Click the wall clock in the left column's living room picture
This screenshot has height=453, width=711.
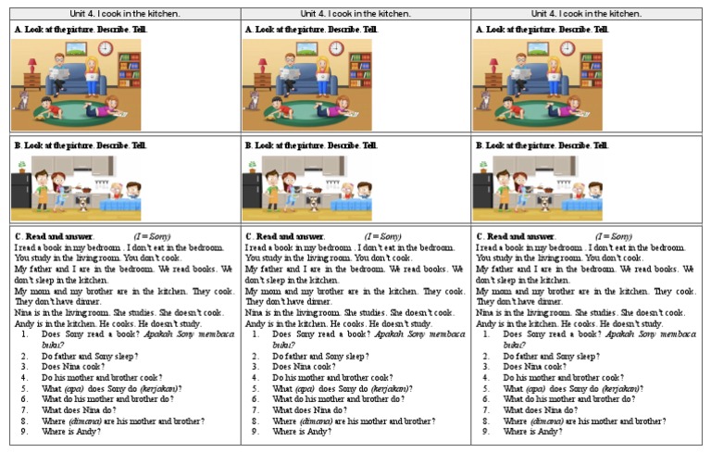coord(106,48)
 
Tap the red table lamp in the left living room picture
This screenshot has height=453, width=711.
coord(32,66)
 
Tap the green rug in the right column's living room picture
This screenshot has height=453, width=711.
coord(538,115)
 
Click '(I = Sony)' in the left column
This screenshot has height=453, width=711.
coord(152,236)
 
